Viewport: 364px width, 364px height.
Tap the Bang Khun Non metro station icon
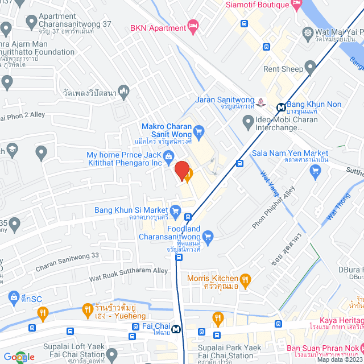tap(281, 106)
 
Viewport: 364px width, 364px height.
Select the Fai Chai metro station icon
tap(177, 328)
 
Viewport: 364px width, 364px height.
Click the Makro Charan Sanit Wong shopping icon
tap(198, 129)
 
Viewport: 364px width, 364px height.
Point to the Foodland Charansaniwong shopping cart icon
tap(208, 236)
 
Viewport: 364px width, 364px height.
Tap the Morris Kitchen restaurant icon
tap(245, 279)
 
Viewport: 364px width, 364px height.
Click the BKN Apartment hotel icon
tap(193, 26)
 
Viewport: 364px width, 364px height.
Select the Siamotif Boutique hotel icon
tap(296, 5)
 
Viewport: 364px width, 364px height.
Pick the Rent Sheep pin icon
tap(310, 69)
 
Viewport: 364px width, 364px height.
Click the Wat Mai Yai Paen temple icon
tap(308, 32)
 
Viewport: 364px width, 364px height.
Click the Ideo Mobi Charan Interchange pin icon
tap(248, 121)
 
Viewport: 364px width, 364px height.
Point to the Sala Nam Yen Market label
tap(290, 154)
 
